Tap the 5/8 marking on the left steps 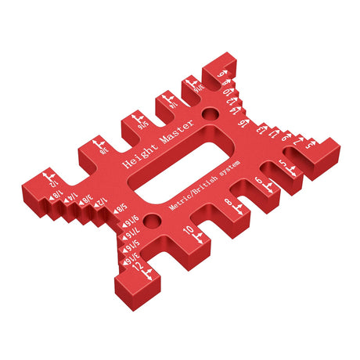(x=121, y=207)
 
